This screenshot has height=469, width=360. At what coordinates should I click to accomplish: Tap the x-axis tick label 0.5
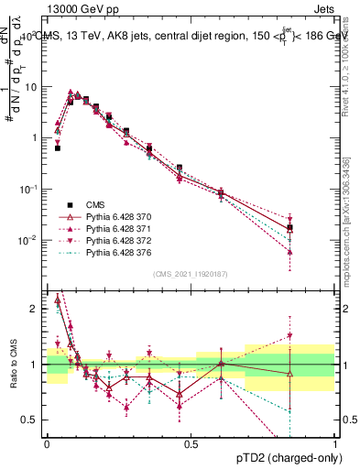point(191,443)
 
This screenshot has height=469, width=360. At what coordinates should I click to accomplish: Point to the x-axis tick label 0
point(47,443)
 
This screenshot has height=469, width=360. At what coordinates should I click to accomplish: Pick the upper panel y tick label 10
point(32,87)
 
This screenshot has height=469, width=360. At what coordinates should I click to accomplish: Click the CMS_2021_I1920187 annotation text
point(191,274)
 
